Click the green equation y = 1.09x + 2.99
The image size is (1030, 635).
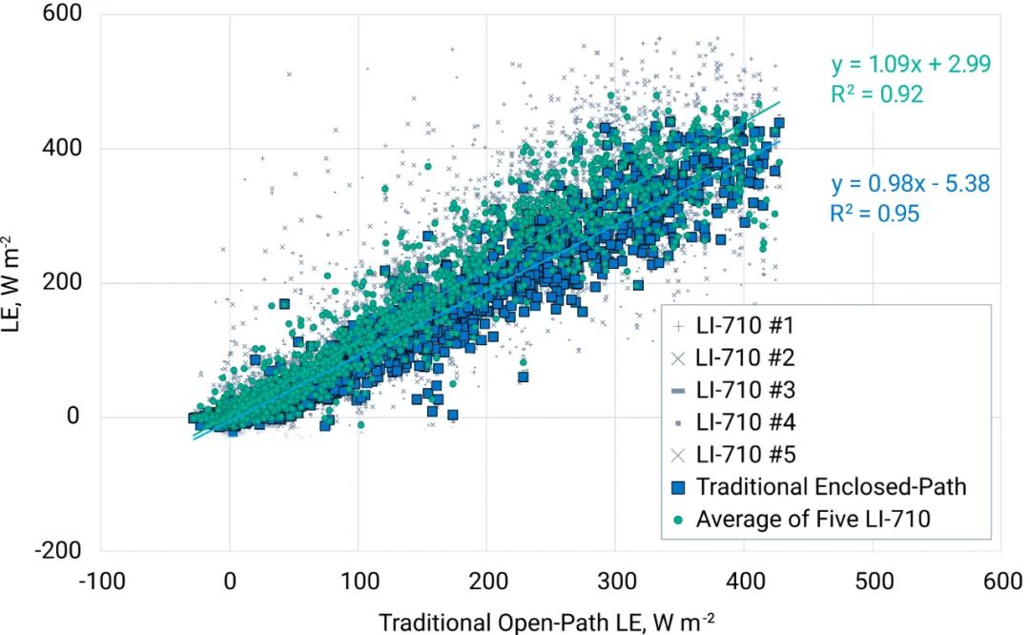pos(911,64)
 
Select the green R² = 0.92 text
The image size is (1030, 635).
pos(877,94)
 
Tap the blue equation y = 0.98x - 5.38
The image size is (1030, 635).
pos(911,184)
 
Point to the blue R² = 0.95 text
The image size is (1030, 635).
pos(875,214)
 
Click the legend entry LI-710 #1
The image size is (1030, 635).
pos(745,325)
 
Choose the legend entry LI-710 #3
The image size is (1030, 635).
pos(746,390)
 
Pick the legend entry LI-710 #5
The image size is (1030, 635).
pos(746,455)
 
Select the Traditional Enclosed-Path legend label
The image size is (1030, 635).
pos(831,486)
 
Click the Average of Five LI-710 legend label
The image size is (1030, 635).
pos(814,519)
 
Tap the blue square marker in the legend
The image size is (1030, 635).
pos(679,487)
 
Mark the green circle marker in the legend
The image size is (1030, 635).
pos(679,520)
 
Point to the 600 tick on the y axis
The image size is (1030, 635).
pos(62,13)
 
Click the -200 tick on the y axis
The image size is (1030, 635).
pos(58,550)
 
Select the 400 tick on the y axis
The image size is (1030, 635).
pos(62,148)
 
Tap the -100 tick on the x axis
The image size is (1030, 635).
pos(102,582)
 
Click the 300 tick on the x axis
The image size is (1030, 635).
pos(615,582)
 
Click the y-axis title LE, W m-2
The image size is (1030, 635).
pos(12,284)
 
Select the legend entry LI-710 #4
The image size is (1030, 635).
pos(746,422)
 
